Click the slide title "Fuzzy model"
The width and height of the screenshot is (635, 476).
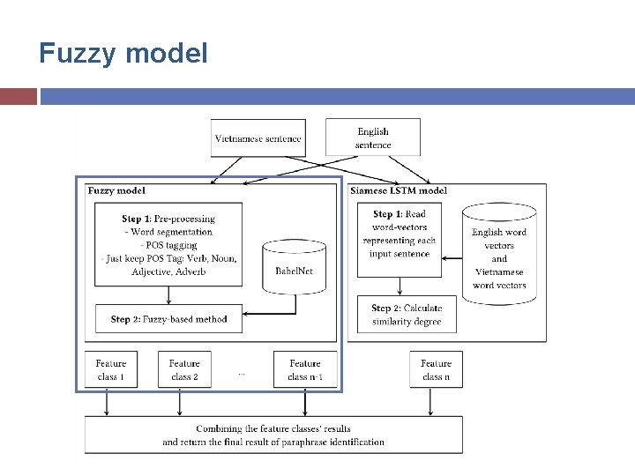(x=123, y=54)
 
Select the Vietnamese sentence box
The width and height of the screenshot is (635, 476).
(x=258, y=138)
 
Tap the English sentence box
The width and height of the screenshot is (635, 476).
(x=373, y=138)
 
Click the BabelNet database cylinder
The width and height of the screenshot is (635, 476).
(x=294, y=268)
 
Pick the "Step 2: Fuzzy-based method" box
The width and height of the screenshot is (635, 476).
(x=168, y=319)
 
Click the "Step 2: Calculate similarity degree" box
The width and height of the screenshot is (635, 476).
(x=407, y=315)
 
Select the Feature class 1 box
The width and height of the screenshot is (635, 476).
(x=111, y=369)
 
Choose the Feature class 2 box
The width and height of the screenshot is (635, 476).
(x=184, y=369)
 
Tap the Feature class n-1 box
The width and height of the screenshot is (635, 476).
(x=305, y=369)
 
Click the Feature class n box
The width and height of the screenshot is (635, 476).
(x=437, y=369)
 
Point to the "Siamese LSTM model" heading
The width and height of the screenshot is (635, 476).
(x=399, y=190)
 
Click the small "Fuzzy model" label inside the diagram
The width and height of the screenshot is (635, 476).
(x=116, y=190)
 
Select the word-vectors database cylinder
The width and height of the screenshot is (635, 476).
(x=499, y=254)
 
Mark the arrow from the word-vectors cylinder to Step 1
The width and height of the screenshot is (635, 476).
(x=452, y=258)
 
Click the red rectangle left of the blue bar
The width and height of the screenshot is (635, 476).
(x=19, y=97)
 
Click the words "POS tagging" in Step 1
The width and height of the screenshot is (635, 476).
(x=171, y=245)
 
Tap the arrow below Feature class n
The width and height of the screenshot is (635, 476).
(x=430, y=402)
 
